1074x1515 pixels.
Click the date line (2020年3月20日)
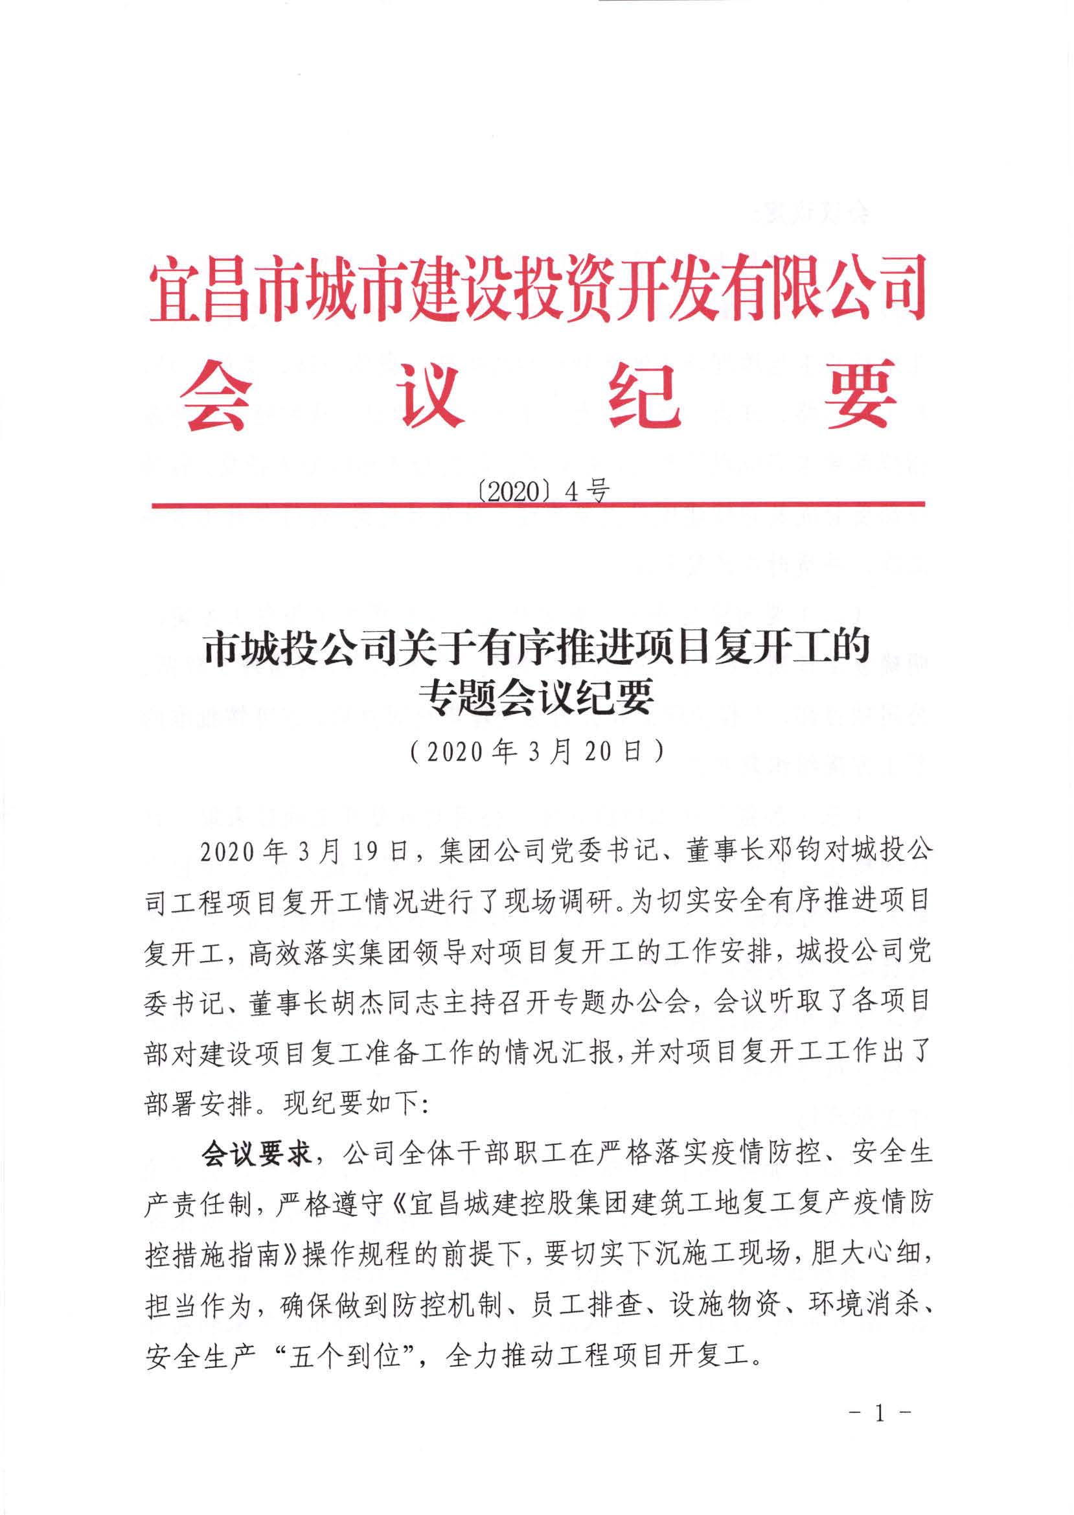536,752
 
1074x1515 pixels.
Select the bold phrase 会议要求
257,1155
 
